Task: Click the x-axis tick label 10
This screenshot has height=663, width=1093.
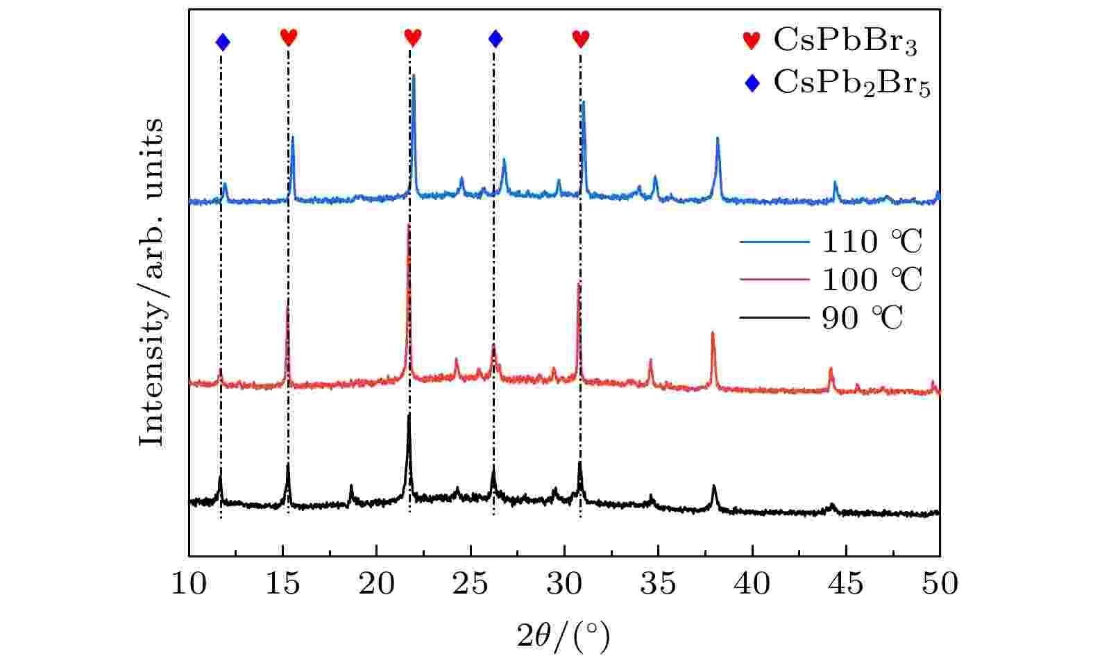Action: [189, 584]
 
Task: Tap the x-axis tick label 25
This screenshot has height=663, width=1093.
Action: [471, 584]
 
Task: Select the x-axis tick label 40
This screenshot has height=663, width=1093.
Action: [752, 584]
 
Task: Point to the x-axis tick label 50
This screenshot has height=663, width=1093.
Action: [940, 584]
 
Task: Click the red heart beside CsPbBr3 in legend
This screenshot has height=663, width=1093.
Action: [752, 42]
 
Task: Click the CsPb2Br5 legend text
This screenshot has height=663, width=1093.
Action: [851, 85]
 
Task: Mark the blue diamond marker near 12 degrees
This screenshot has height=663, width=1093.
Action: [222, 42]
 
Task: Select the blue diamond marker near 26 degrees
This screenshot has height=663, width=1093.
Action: [495, 38]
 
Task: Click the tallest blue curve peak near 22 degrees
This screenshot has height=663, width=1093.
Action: [414, 76]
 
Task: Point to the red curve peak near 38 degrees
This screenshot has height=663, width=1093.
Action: [712, 334]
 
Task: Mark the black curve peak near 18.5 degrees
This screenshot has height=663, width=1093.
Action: [351, 487]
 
